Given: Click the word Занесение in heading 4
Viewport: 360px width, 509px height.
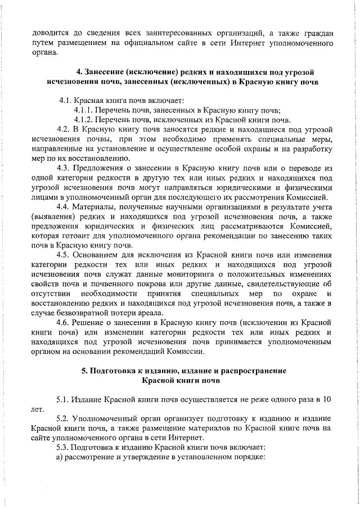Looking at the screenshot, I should tap(101, 72).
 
